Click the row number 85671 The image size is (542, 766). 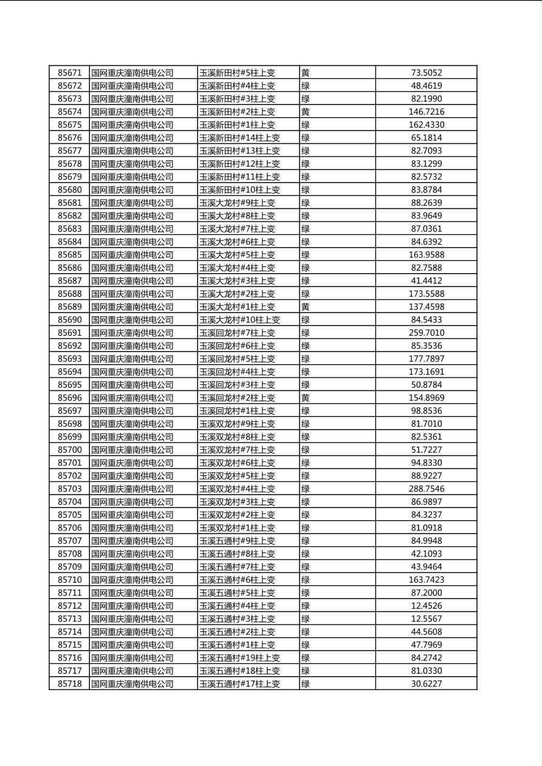click(69, 73)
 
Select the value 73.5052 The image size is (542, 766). click(426, 73)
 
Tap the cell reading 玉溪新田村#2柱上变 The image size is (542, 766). click(237, 112)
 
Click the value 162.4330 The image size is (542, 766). click(426, 125)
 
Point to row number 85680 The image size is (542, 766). click(69, 190)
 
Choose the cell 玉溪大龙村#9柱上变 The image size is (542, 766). click(237, 203)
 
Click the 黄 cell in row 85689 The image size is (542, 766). click(306, 307)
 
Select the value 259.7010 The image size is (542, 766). click(426, 333)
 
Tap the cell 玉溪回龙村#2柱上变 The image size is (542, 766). click(237, 398)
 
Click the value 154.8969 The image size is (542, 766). click(426, 398)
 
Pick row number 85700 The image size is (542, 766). click(69, 450)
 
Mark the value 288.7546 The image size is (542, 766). click(426, 489)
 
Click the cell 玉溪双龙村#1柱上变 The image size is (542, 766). click(237, 528)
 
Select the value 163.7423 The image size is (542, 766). click(426, 580)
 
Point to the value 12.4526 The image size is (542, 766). click(426, 606)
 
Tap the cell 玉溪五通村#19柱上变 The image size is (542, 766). click(239, 658)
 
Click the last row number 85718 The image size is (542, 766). click(69, 684)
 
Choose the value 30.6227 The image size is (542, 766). click(426, 684)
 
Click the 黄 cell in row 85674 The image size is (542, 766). click(306, 112)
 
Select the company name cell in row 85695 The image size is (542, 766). click(132, 385)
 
